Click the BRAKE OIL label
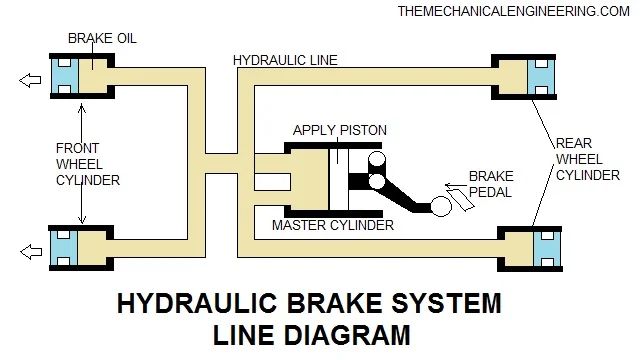[x=102, y=38]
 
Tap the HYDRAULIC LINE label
[x=285, y=60]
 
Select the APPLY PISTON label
[x=340, y=130]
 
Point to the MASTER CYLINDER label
[x=333, y=225]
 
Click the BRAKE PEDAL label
[x=491, y=184]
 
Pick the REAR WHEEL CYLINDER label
[x=588, y=159]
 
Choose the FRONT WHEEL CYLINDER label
[x=88, y=164]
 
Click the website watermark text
[x=513, y=11]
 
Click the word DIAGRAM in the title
[x=347, y=336]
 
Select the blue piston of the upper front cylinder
[x=64, y=76]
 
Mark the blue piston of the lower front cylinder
[x=64, y=248]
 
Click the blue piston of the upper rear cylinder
[x=541, y=77]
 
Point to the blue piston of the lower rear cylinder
[x=547, y=249]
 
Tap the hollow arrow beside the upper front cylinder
[x=30, y=80]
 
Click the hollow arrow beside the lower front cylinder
[x=31, y=252]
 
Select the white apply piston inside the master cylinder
[x=338, y=180]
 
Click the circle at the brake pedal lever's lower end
[x=441, y=207]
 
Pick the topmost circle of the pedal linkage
[x=377, y=159]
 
